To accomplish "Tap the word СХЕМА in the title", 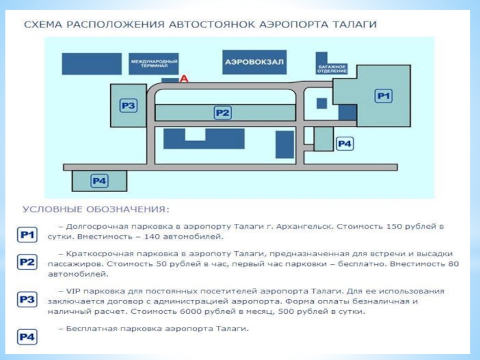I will click(x=42, y=25).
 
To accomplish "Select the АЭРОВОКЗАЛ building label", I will click(x=254, y=61).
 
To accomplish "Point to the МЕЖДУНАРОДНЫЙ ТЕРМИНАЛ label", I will click(x=154, y=63).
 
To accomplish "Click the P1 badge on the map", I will click(x=383, y=95).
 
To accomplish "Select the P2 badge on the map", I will click(x=223, y=112).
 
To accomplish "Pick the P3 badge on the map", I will click(x=129, y=106).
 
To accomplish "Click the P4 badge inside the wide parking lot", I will click(x=99, y=180).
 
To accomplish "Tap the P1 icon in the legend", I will click(x=27, y=235).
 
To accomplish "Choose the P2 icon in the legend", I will click(x=27, y=262).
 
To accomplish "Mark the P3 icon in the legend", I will click(x=27, y=299).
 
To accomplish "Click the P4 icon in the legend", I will click(x=27, y=337).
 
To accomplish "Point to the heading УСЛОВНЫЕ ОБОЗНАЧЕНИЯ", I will click(x=96, y=209).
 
